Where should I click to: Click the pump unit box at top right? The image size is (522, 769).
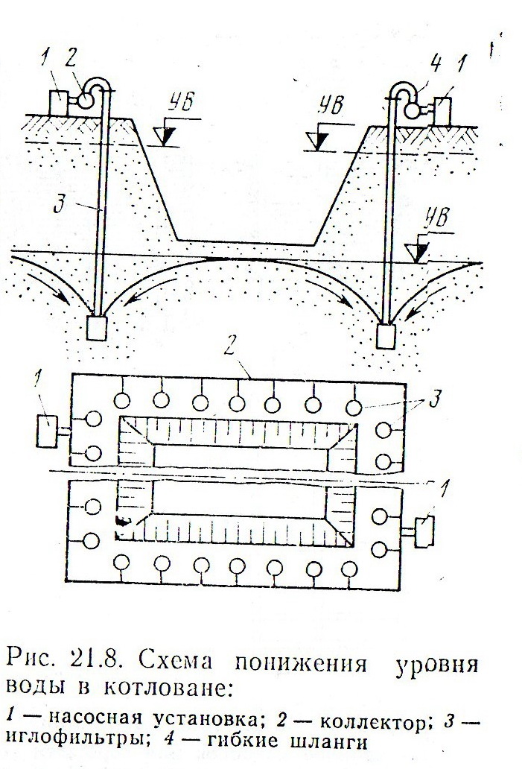[442, 111]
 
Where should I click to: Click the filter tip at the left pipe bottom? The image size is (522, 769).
[97, 328]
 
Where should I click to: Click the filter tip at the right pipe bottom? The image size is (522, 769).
[386, 336]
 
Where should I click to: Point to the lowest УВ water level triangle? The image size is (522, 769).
[419, 253]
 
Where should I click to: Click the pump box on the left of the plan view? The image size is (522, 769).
[48, 431]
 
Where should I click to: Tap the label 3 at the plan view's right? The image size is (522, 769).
[434, 398]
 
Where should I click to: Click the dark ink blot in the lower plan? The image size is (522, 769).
[123, 522]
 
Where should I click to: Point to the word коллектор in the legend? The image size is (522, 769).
[371, 721]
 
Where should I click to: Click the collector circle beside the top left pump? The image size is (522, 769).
[88, 101]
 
